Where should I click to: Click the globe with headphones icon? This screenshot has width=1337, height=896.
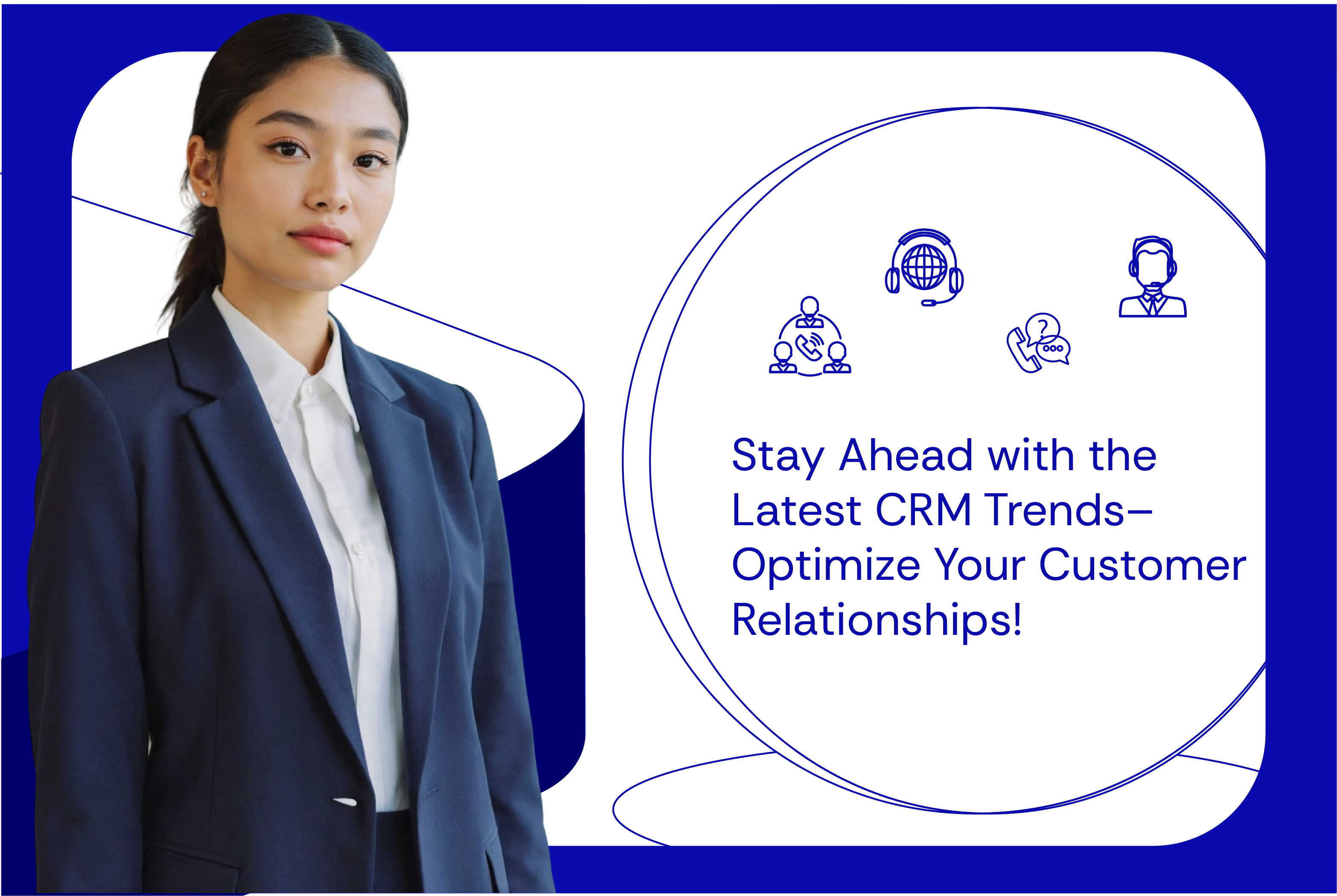coord(924,268)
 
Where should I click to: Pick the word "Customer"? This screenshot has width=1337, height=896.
coord(1142,565)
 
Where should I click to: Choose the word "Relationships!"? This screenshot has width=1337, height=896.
coord(877,620)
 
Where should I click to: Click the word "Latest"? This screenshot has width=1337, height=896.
coord(796,510)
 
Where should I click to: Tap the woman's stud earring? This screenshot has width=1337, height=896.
coord(204,194)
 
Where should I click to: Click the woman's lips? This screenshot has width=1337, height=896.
coord(319,239)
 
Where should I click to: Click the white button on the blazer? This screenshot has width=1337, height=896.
coord(344,802)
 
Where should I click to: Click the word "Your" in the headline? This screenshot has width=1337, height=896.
coord(980,565)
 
